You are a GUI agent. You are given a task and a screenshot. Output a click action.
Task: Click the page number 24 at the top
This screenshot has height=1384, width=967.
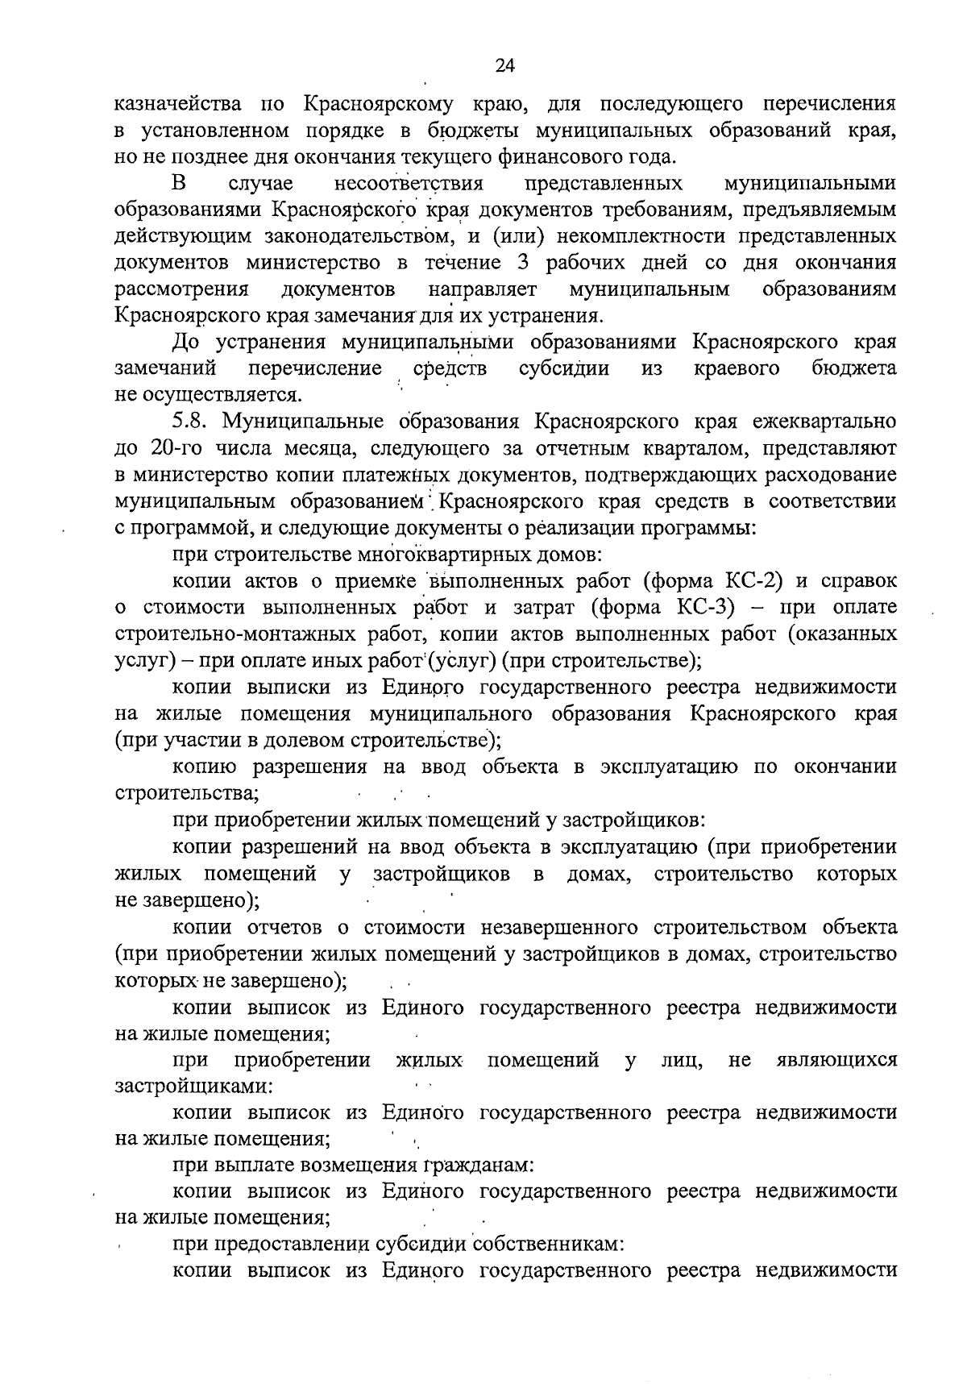(x=505, y=66)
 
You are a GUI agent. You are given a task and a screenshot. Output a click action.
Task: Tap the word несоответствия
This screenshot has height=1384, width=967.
(x=408, y=183)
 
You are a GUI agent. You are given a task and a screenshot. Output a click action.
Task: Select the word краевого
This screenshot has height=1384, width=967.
(x=737, y=369)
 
